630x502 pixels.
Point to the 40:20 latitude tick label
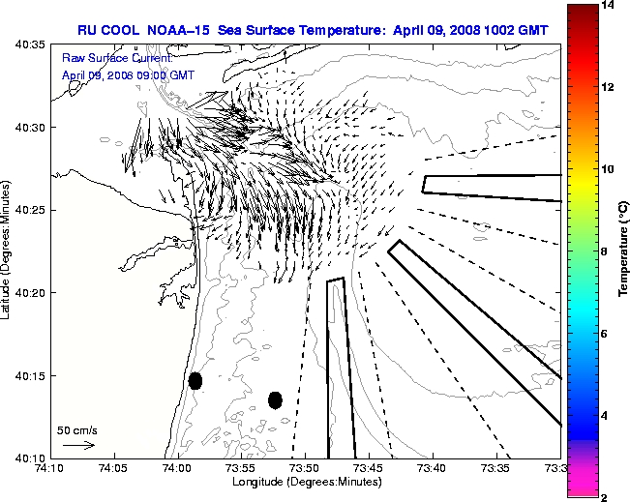point(29,292)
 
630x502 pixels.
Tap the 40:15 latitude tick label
point(29,375)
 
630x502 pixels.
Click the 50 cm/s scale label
point(77,430)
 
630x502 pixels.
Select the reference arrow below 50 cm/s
point(77,445)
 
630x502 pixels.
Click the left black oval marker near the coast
point(195,380)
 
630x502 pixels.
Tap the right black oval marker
point(275,399)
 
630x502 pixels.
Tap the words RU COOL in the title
point(109,30)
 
